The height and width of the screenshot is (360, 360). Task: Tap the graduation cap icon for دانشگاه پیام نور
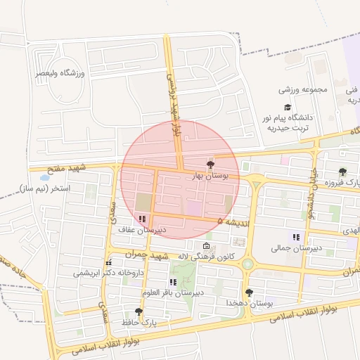tap(288, 106)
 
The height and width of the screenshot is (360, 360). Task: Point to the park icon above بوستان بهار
tap(211, 163)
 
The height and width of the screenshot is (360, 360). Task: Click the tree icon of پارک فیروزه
tap(342, 172)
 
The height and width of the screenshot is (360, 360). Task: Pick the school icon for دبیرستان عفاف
tap(143, 219)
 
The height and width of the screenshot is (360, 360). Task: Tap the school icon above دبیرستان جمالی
tap(296, 237)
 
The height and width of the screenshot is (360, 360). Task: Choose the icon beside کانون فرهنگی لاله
tap(206, 246)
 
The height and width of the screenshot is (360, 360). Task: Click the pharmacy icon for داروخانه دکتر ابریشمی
tap(108, 263)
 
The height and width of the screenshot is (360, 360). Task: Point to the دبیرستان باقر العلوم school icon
tap(173, 282)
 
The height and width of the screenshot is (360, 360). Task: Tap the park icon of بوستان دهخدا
tap(249, 292)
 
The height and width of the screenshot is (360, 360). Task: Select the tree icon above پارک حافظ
tap(139, 311)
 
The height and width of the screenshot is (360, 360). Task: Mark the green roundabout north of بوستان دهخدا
tap(247, 264)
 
